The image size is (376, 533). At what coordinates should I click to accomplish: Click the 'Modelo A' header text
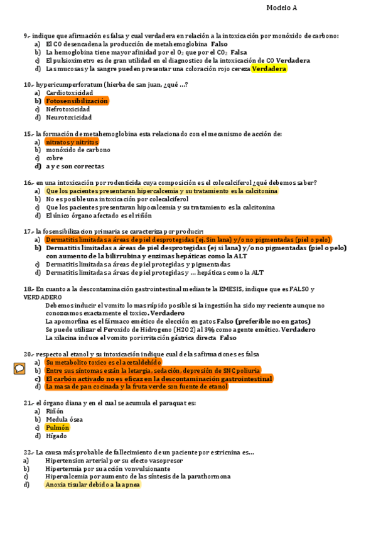[x=282, y=8]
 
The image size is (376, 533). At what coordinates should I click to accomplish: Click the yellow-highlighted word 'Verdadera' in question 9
[x=269, y=69]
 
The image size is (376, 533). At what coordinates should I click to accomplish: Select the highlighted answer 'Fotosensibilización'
[x=77, y=101]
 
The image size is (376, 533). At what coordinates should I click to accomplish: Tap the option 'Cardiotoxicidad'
[x=69, y=92]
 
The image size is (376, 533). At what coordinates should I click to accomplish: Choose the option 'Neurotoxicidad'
[x=68, y=117]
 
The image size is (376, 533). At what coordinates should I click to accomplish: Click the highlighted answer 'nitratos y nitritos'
[x=72, y=142]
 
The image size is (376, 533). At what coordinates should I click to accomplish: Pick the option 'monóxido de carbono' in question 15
[x=78, y=150]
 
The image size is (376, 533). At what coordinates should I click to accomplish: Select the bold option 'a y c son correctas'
[x=75, y=167]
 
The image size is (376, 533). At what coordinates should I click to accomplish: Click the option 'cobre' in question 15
[x=55, y=158]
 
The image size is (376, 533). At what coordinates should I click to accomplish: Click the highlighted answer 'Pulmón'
[x=57, y=427]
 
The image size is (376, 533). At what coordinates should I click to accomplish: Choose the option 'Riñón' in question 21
[x=55, y=411]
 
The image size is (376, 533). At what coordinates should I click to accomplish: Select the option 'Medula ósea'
[x=64, y=419]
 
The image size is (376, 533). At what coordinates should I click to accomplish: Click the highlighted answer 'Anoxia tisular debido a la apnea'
[x=93, y=485]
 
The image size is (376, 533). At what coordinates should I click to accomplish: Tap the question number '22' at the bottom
[x=27, y=452]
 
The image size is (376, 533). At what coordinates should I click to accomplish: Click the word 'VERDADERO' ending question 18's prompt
[x=43, y=297]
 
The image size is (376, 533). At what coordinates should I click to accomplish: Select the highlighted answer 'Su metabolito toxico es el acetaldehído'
[x=104, y=362]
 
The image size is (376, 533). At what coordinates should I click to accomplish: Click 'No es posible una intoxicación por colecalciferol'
[x=121, y=199]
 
